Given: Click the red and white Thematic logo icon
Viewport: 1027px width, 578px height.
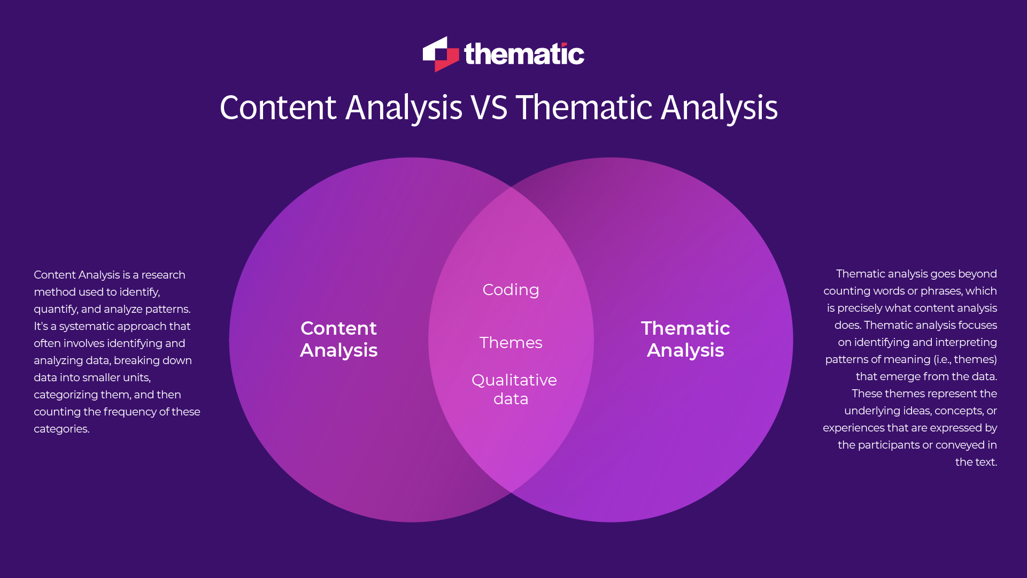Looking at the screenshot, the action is pyautogui.click(x=441, y=54).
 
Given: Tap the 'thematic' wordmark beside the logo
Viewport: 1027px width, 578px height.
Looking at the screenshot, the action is pyautogui.click(x=524, y=54).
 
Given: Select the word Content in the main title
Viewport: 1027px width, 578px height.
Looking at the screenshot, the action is pyautogui.click(x=278, y=107).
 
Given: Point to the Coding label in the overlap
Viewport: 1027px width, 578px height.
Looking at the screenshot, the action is pyautogui.click(x=511, y=290).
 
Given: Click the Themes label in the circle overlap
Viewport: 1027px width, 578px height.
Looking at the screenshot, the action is pyautogui.click(x=511, y=343).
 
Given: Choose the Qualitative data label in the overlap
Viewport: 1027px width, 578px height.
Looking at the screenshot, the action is pyautogui.click(x=514, y=389).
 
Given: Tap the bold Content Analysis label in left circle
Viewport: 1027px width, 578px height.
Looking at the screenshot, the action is pyautogui.click(x=339, y=339).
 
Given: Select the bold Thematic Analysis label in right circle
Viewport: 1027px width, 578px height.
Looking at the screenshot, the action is pyautogui.click(x=685, y=339).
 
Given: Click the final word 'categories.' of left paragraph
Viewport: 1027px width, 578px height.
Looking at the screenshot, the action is pyautogui.click(x=61, y=429).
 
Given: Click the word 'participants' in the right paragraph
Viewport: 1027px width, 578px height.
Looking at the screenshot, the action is pyautogui.click(x=889, y=445).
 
